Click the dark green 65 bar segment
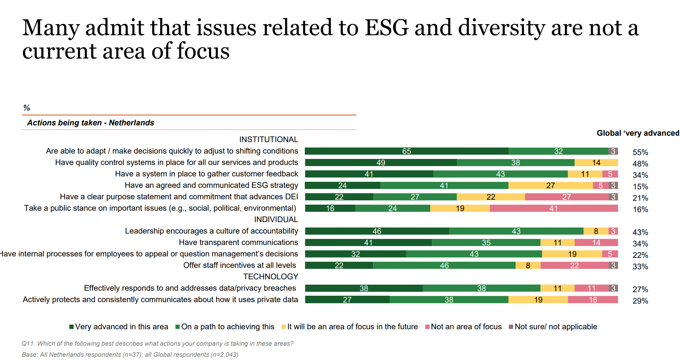406,151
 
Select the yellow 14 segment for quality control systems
596,162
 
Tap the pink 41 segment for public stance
554,208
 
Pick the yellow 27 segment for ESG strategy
550,185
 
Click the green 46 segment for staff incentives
444,265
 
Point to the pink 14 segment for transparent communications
596,242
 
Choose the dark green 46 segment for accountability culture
377,231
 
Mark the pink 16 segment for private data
593,300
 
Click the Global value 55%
640,152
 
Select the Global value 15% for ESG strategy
640,186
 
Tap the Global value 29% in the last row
640,301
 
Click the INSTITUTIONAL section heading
268,139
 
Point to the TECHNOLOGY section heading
270,276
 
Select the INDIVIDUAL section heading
276,219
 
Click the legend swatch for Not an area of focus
427,327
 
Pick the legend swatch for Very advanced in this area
71,327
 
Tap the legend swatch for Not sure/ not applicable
511,327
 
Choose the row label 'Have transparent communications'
238,242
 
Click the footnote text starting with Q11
157,344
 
